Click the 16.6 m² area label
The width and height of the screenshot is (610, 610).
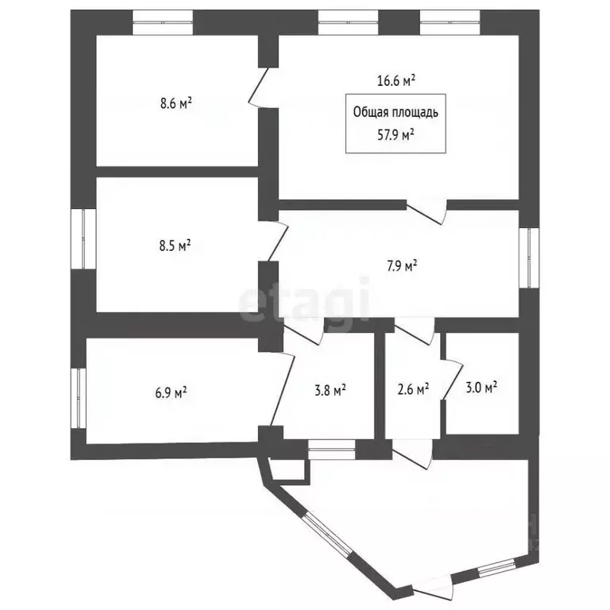pyautogui.click(x=396, y=80)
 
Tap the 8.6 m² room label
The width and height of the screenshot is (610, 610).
pyautogui.click(x=176, y=103)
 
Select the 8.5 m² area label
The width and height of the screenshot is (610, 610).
pyautogui.click(x=175, y=246)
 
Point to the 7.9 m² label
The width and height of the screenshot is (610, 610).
pyautogui.click(x=402, y=267)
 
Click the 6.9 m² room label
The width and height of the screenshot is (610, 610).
pyautogui.click(x=171, y=392)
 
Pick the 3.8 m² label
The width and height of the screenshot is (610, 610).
pyautogui.click(x=330, y=390)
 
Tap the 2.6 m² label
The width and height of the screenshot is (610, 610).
pyautogui.click(x=413, y=389)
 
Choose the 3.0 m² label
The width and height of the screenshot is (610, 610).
pyautogui.click(x=481, y=388)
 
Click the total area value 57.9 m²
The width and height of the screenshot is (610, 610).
pyautogui.click(x=396, y=135)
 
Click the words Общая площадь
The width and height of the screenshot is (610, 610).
pyautogui.click(x=396, y=112)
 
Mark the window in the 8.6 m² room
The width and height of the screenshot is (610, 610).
pyautogui.click(x=163, y=22)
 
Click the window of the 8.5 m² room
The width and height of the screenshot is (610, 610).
pyautogui.click(x=83, y=239)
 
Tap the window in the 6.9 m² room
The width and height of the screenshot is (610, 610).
pyautogui.click(x=79, y=399)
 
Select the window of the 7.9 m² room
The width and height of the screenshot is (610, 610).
pyautogui.click(x=529, y=258)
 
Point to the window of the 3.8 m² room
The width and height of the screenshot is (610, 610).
pyautogui.click(x=332, y=450)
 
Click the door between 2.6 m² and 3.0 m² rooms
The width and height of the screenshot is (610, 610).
pyautogui.click(x=453, y=380)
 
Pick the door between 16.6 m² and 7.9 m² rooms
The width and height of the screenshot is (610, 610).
pyautogui.click(x=427, y=212)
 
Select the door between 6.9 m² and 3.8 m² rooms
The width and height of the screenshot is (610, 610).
pyautogui.click(x=283, y=389)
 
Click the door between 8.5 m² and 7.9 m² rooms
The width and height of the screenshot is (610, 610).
pyautogui.click(x=278, y=241)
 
